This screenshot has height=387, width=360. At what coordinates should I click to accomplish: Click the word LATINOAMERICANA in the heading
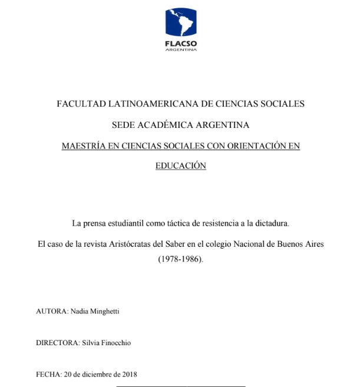click(x=146, y=104)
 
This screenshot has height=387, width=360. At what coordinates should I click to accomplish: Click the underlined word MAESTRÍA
click(x=84, y=145)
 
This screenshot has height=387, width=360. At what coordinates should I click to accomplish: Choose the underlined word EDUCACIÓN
click(x=180, y=166)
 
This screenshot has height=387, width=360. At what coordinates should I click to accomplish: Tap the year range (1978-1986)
click(x=180, y=259)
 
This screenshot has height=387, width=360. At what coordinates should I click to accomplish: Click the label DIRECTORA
click(x=58, y=341)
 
